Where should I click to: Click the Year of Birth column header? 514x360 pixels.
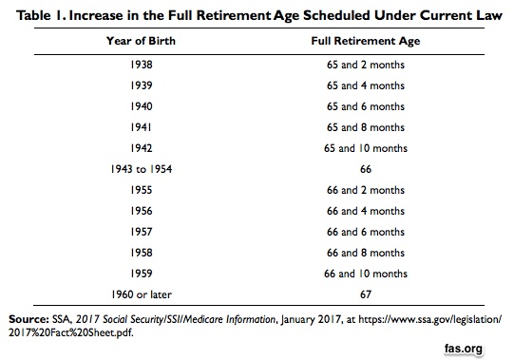point(141,41)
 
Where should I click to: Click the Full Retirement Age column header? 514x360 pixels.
point(366,41)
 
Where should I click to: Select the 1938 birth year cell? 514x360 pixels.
point(142,65)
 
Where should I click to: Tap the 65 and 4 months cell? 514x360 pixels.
point(366,85)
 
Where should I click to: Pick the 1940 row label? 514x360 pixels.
point(142,106)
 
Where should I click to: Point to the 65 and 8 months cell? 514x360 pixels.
point(366,127)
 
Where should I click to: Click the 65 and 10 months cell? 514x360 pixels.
point(366,148)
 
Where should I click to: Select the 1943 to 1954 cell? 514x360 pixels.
point(142,169)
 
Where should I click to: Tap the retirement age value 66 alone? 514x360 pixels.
point(366,169)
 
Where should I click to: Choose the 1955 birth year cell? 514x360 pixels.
point(142,190)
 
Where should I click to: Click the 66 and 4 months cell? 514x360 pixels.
point(366,211)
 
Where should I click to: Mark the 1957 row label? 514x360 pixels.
point(142,232)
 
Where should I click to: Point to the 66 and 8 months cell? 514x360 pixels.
point(366,253)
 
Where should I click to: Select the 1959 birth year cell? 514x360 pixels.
point(142,274)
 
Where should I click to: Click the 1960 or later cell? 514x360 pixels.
point(142,294)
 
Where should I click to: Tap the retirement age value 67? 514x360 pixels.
point(366,294)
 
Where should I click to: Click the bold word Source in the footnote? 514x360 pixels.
point(29,319)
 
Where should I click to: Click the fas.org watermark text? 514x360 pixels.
point(464,349)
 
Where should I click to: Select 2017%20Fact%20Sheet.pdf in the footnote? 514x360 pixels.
point(71,332)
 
